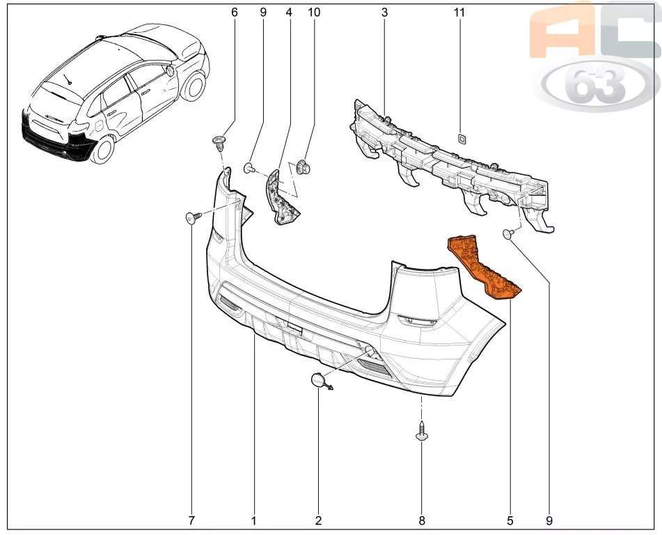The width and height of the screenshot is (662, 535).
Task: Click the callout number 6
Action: point(235,13)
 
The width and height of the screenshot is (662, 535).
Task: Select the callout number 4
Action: point(289,13)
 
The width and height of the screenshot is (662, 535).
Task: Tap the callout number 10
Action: point(314,13)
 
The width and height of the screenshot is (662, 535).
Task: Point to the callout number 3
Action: point(384,13)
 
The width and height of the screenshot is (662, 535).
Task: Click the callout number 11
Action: point(459,13)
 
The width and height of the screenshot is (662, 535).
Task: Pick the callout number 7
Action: point(191,520)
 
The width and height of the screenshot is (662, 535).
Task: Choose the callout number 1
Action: point(254,520)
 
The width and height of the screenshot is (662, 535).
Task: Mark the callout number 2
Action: point(318,520)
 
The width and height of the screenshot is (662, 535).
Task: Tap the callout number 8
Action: point(422,520)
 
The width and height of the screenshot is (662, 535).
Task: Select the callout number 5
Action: point(510,520)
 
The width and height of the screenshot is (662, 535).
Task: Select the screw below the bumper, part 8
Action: point(422,431)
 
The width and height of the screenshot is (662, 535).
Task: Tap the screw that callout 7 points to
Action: point(194,217)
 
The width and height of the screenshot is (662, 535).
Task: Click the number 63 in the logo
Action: point(596,84)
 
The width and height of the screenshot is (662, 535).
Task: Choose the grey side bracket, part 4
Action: point(281,197)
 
